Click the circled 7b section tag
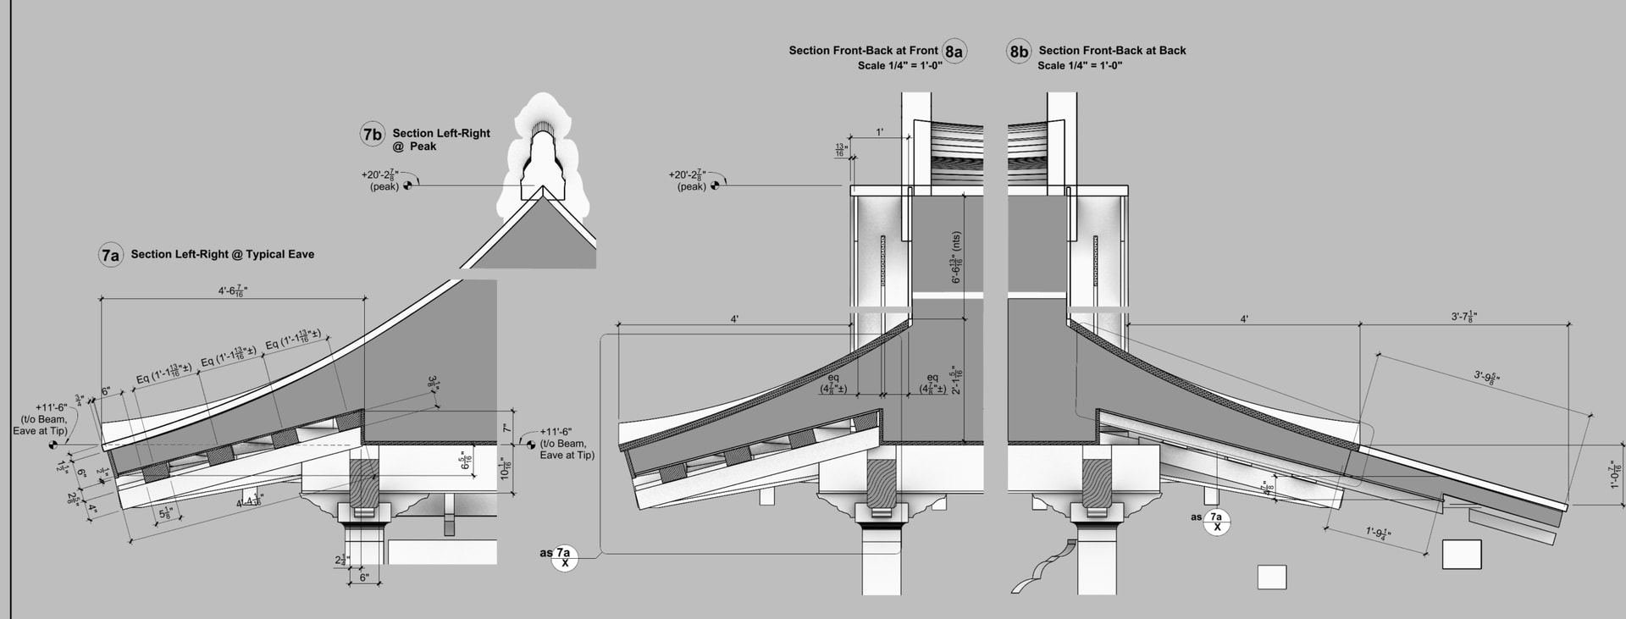tap(373, 135)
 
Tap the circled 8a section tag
tap(954, 52)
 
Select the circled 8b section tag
tap(1018, 52)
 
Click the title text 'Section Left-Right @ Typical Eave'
tap(222, 254)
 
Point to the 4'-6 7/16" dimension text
tap(233, 291)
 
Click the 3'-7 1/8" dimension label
tap(1464, 318)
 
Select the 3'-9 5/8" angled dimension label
tap(1494, 378)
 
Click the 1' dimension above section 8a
tap(880, 132)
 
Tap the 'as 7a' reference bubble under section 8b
tap(1217, 522)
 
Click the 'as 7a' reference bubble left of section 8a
tap(564, 557)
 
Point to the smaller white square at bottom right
tap(1271, 577)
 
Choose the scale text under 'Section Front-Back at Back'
tap(1080, 65)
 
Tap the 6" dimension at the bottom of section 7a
tap(364, 578)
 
